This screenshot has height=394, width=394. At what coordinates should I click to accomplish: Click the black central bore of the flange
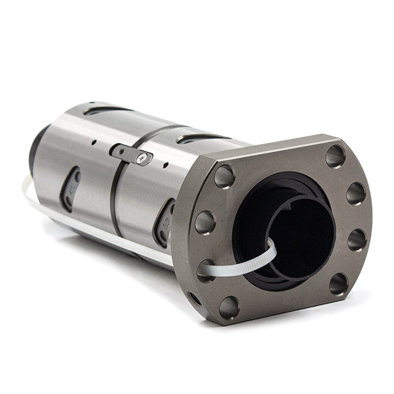pyautogui.click(x=298, y=225)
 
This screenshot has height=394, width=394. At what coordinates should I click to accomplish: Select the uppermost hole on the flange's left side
pyautogui.click(x=224, y=177)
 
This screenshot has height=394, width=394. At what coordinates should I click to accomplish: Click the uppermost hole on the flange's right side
pyautogui.click(x=335, y=156)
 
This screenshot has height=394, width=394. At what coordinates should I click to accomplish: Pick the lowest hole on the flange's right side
pyautogui.click(x=338, y=284)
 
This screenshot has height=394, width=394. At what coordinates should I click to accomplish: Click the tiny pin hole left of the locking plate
pyautogui.click(x=93, y=142)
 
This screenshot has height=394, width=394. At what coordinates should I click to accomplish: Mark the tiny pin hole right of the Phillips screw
pyautogui.click(x=165, y=165)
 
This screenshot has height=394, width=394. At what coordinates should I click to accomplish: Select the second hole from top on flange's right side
pyautogui.click(x=356, y=193)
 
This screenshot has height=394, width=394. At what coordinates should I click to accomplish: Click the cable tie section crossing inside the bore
pyautogui.click(x=265, y=259)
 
